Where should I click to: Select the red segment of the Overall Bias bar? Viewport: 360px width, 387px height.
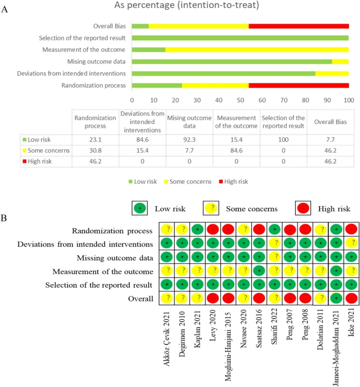(299, 26)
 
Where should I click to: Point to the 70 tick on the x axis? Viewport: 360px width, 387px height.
(284, 99)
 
